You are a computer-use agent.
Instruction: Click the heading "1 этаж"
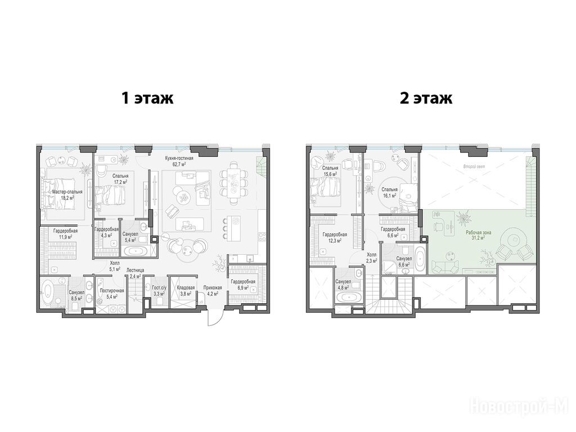click(x=147, y=98)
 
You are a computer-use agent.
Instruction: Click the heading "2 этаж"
click(x=426, y=98)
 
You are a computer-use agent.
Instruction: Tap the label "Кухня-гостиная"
click(x=179, y=158)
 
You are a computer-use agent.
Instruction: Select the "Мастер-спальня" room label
click(x=67, y=192)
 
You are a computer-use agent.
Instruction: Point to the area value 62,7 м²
click(x=179, y=164)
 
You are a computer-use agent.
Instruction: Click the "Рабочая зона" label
click(x=478, y=232)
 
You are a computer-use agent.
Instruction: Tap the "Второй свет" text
click(x=474, y=166)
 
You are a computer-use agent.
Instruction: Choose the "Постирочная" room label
click(x=112, y=290)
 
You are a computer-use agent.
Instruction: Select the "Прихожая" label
click(x=213, y=288)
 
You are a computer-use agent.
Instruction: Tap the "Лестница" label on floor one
click(x=136, y=270)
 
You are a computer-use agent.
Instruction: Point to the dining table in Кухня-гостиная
click(x=233, y=183)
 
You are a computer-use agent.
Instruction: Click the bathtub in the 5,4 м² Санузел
click(x=136, y=251)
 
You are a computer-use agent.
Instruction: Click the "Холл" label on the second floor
click(x=372, y=254)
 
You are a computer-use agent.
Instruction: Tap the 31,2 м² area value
click(x=478, y=238)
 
